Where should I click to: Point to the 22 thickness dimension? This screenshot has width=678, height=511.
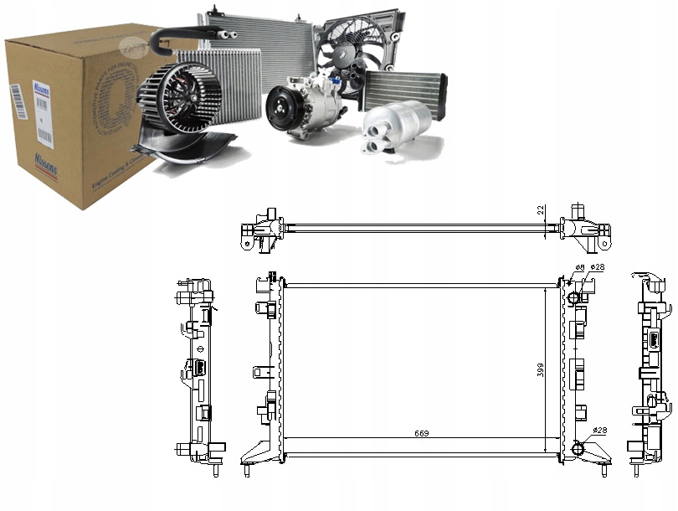541,210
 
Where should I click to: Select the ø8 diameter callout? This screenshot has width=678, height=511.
578,268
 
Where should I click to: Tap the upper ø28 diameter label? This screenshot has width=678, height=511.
597,268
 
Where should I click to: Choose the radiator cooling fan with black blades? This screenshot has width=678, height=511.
352,50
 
